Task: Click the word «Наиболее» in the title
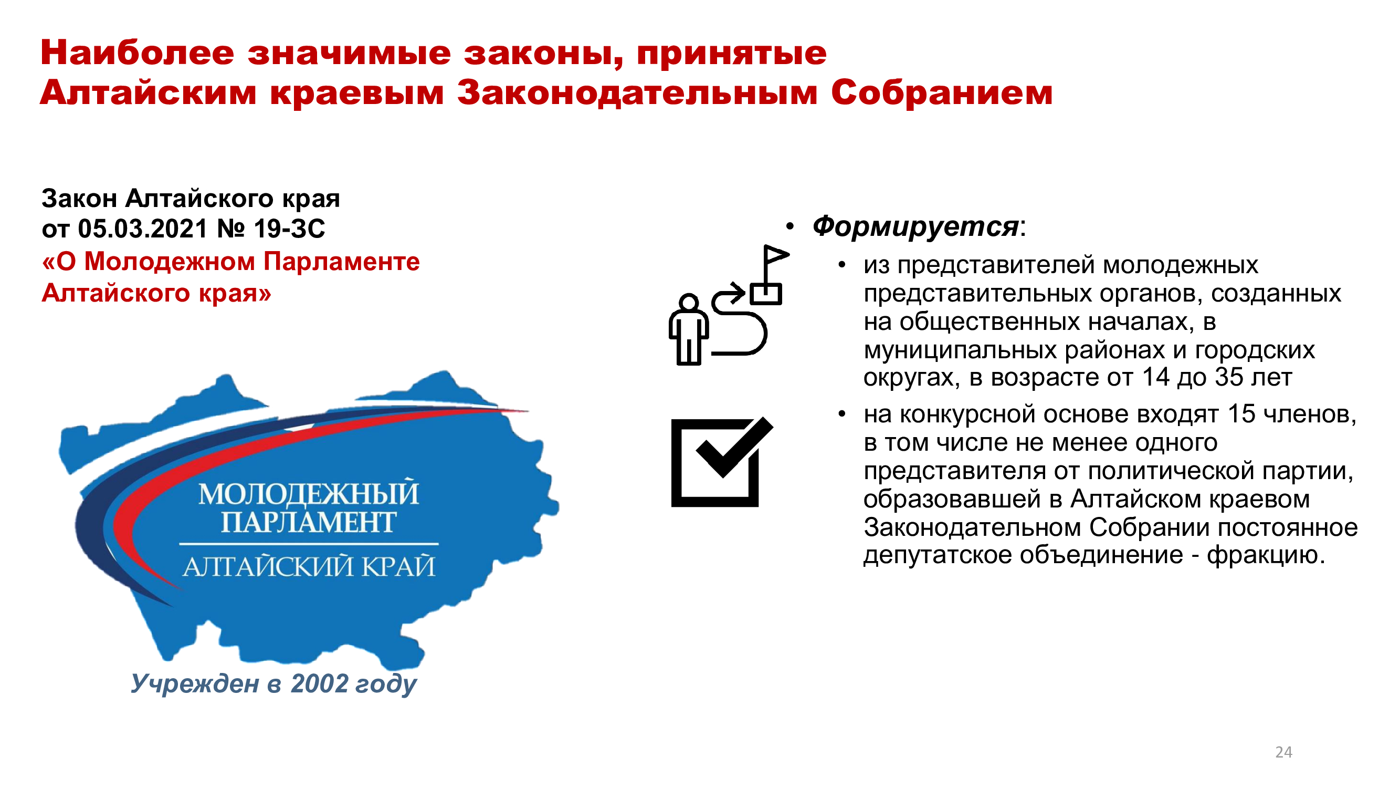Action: click(x=138, y=53)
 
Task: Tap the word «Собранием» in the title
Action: click(x=942, y=92)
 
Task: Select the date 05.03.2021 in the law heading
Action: click(x=142, y=229)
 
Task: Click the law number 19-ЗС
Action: click(x=290, y=229)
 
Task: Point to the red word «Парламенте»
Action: click(x=342, y=262)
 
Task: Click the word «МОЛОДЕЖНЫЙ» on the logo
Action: click(x=309, y=493)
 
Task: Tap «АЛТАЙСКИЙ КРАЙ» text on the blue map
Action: click(x=309, y=566)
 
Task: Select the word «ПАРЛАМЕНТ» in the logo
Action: click(x=308, y=522)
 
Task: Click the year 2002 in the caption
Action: click(x=319, y=683)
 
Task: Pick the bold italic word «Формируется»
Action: click(x=915, y=226)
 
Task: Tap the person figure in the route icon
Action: click(x=689, y=329)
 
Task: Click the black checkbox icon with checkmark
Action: click(x=722, y=462)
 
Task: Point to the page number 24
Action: click(x=1283, y=752)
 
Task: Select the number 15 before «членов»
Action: click(x=1241, y=414)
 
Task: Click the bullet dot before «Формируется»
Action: click(x=790, y=226)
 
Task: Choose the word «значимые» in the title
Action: click(x=349, y=53)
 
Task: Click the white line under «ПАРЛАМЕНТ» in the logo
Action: click(x=309, y=544)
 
